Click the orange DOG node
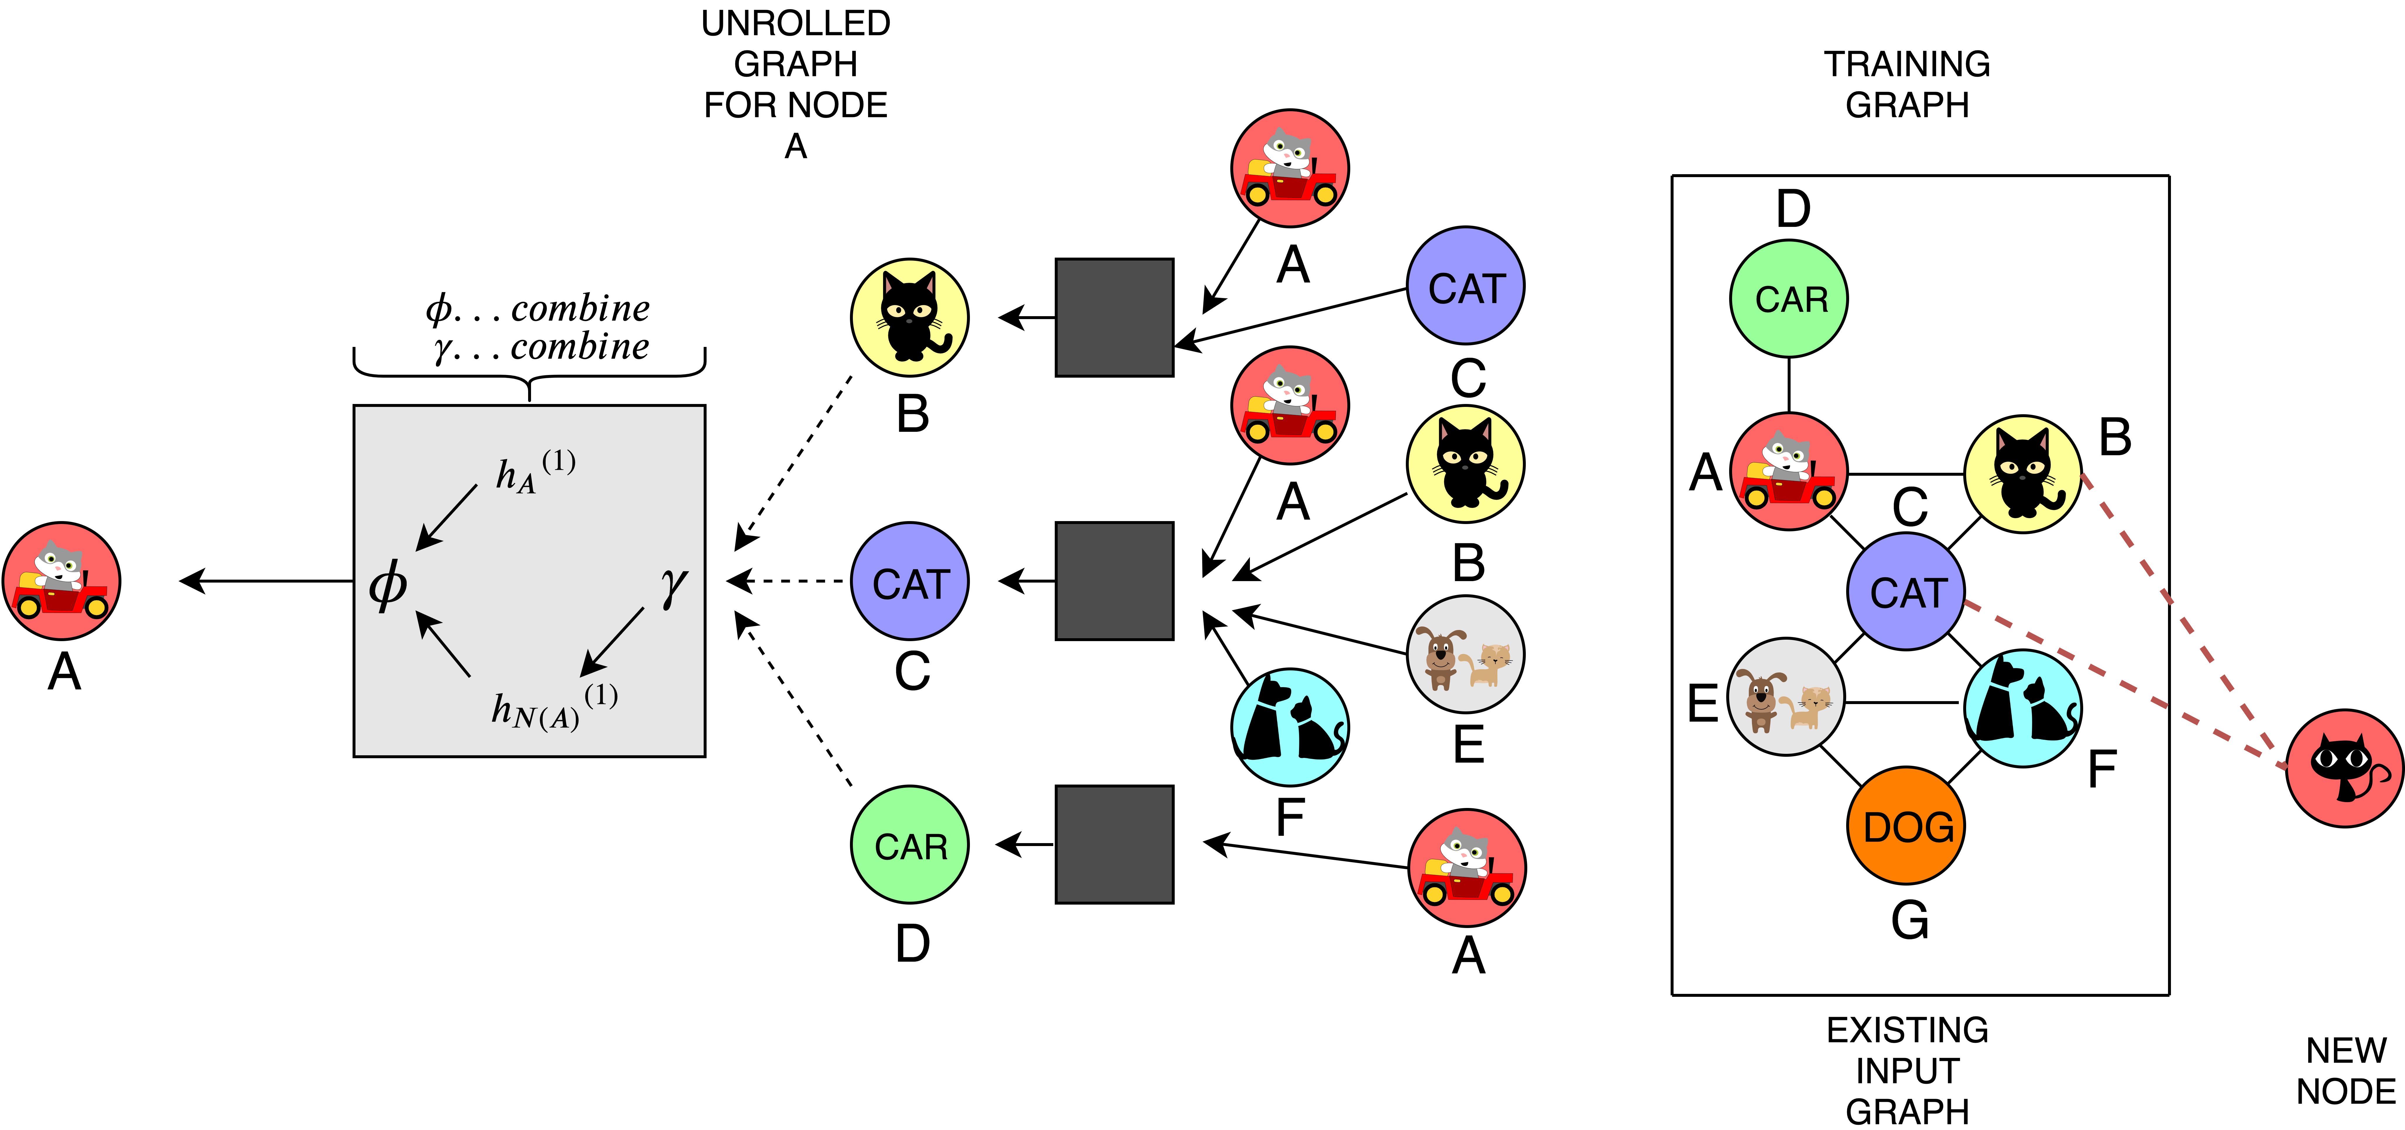click(1906, 826)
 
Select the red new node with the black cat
click(2343, 768)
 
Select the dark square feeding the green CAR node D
click(1114, 844)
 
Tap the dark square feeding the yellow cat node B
click(1114, 318)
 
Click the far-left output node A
click(62, 581)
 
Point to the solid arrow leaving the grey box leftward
click(266, 581)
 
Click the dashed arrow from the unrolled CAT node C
click(789, 581)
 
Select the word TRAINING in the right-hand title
click(1906, 64)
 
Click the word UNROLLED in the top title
click(796, 23)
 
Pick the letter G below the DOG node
click(1909, 920)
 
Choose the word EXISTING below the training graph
click(1906, 1029)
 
